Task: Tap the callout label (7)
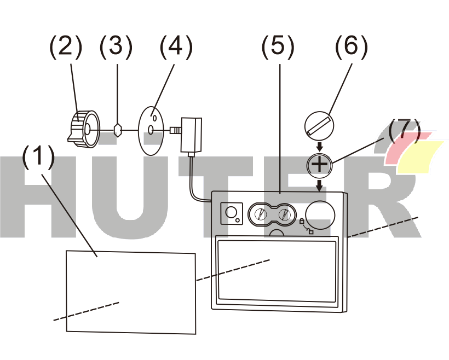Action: (x=404, y=132)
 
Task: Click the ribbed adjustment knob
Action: (x=84, y=129)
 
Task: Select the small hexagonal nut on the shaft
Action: (x=118, y=130)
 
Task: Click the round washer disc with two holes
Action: (x=151, y=131)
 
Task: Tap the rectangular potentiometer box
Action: (x=191, y=135)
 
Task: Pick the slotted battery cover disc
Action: (x=319, y=126)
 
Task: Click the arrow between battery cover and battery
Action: (x=320, y=147)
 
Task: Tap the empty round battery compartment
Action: (x=320, y=215)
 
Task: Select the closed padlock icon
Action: (x=302, y=220)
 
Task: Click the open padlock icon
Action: (x=310, y=231)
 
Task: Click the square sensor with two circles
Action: (x=232, y=213)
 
